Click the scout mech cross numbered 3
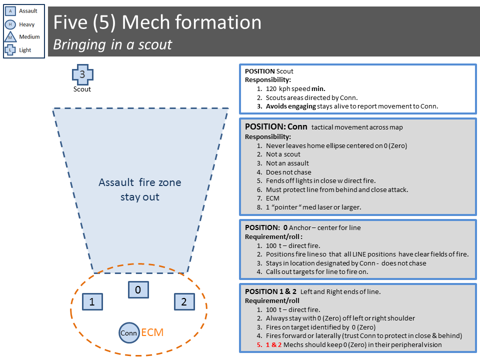coord(82,74)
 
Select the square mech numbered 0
coord(138,289)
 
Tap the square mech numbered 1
coord(92,302)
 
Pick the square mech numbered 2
coord(184,302)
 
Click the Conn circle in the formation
coord(129,333)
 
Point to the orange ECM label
coord(152,332)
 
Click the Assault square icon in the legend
coord(10,11)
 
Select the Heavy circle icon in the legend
coord(10,24)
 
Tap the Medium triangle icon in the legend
coord(10,36)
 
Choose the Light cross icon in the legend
coord(10,49)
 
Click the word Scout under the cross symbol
coord(82,89)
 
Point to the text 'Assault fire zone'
coord(140,182)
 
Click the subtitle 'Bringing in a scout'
coord(112,44)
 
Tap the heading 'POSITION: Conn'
coord(276,126)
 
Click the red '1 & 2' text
coord(273,344)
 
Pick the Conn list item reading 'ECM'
coord(272,198)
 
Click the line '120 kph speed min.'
coord(295,89)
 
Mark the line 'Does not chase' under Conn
coord(288,172)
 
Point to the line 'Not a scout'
coord(283,154)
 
